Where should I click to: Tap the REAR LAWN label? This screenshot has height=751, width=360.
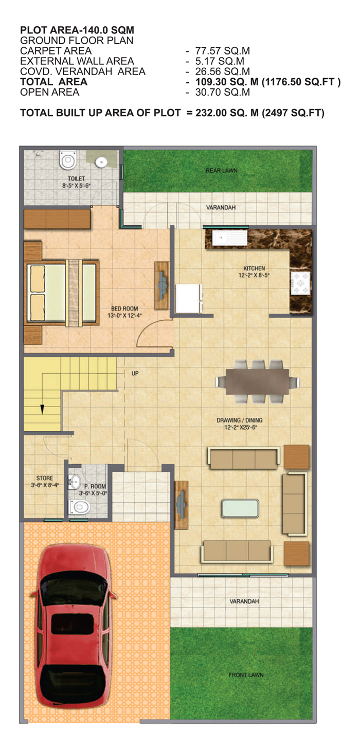coord(222,171)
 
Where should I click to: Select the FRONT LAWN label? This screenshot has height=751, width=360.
coord(246,675)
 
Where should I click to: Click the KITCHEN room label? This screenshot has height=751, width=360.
coord(254,268)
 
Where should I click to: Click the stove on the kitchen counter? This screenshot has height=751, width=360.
coord(301,283)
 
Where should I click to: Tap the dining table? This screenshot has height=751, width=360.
coord(257,382)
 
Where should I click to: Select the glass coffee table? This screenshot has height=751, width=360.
coord(240,508)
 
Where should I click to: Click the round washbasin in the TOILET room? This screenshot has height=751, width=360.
coord(101,162)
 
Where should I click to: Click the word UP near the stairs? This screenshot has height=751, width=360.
coord(135,373)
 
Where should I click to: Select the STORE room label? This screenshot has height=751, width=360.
coord(45,478)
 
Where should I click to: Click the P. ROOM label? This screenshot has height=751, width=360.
coord(95,486)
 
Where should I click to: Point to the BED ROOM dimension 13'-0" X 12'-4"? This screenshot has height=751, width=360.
coord(124,316)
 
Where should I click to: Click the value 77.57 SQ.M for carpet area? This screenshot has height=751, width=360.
coord(223,51)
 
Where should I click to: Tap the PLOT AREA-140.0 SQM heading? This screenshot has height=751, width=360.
coord(77,30)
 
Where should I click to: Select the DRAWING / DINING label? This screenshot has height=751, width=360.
coord(240,420)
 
